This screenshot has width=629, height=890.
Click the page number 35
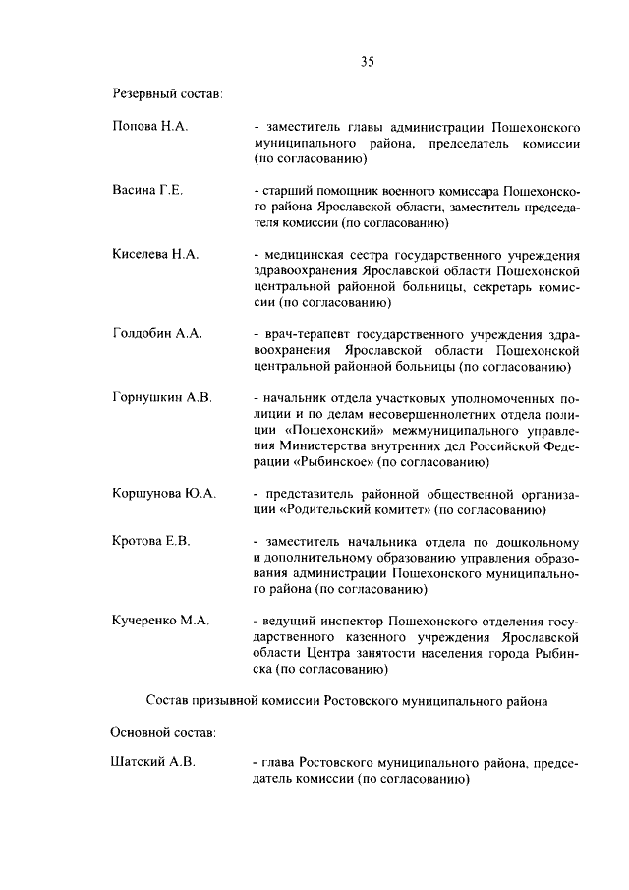tap(366, 61)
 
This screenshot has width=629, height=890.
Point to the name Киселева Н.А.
tap(156, 254)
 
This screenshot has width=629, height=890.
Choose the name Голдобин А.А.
tap(157, 334)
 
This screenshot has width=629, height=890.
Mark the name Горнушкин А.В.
tap(162, 398)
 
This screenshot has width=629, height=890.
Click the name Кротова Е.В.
tap(151, 541)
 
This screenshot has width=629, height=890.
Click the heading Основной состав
tap(163, 732)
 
